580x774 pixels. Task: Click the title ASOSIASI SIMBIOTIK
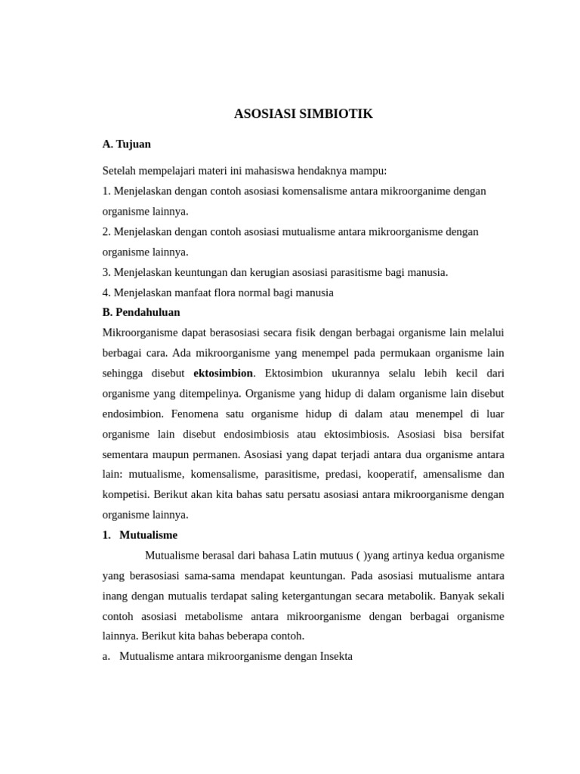point(304,114)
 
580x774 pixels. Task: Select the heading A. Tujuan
point(127,144)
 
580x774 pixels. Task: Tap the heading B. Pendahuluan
point(141,312)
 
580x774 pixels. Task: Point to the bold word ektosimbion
point(224,373)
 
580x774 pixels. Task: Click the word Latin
point(306,556)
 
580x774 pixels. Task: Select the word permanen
point(214,455)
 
